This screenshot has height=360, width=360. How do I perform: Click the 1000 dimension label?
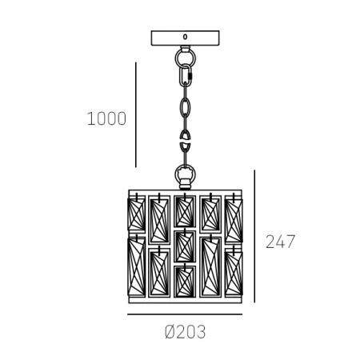pos(106,118)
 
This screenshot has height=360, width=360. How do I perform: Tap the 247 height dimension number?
pos(280,242)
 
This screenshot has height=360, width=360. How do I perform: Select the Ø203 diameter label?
pos(185,332)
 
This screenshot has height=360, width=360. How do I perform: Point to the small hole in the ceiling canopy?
pos(185,37)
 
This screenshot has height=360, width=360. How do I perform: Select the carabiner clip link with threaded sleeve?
pos(185,75)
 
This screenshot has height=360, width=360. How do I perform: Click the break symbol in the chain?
pos(185,140)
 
